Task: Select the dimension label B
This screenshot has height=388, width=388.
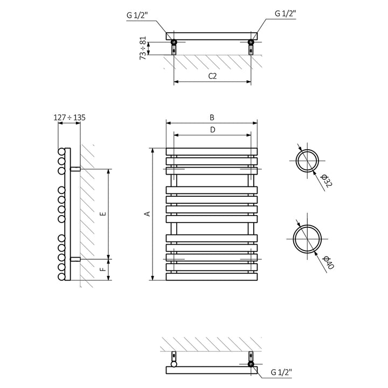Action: (x=212, y=117)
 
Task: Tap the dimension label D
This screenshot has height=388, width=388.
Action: (x=212, y=130)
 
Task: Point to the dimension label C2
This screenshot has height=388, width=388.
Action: (x=212, y=76)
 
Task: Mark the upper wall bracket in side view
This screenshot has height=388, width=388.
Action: (x=75, y=169)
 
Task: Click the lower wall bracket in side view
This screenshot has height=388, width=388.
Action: (x=75, y=259)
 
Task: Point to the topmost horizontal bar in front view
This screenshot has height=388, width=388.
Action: (x=212, y=152)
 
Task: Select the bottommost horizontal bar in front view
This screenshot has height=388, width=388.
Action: (x=212, y=276)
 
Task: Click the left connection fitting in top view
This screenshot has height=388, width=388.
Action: (x=174, y=42)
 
